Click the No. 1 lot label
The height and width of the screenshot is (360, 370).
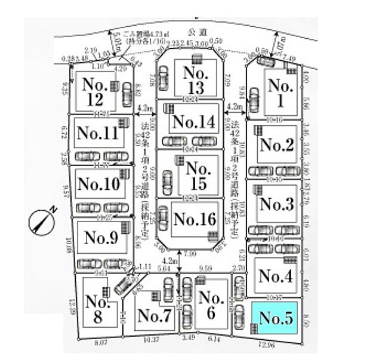click(279, 93)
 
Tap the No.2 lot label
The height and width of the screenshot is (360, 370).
click(276, 145)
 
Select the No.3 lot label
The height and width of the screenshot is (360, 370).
click(277, 205)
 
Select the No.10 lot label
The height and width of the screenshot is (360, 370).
click(98, 183)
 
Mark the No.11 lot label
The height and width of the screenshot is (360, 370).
click(98, 133)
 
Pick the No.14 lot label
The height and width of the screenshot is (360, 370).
click(193, 122)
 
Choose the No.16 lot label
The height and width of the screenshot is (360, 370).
click(193, 219)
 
